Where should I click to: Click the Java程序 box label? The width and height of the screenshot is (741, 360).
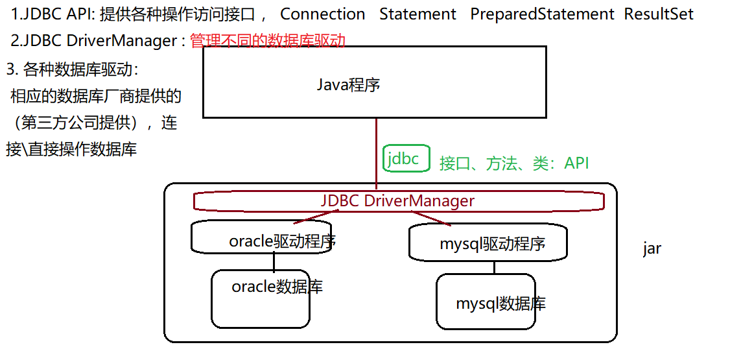(x=348, y=85)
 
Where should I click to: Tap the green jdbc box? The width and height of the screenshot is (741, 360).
(x=406, y=158)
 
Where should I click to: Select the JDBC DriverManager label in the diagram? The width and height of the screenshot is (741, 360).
(x=397, y=201)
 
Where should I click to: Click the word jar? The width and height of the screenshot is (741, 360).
(x=652, y=248)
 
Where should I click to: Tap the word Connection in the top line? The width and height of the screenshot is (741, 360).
(x=322, y=14)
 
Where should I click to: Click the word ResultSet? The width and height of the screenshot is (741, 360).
(x=659, y=14)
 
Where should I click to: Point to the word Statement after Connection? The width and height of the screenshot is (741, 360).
(x=418, y=14)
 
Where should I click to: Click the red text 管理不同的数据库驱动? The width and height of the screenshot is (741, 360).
(x=268, y=41)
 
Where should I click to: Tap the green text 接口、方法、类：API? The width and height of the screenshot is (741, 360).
(x=514, y=163)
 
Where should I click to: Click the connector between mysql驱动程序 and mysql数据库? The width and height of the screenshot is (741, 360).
(x=494, y=267)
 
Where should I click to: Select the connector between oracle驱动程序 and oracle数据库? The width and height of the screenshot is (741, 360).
(x=274, y=261)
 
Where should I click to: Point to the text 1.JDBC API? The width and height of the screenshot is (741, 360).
(x=53, y=14)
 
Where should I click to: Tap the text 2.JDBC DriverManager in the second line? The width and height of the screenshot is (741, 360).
(x=93, y=41)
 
